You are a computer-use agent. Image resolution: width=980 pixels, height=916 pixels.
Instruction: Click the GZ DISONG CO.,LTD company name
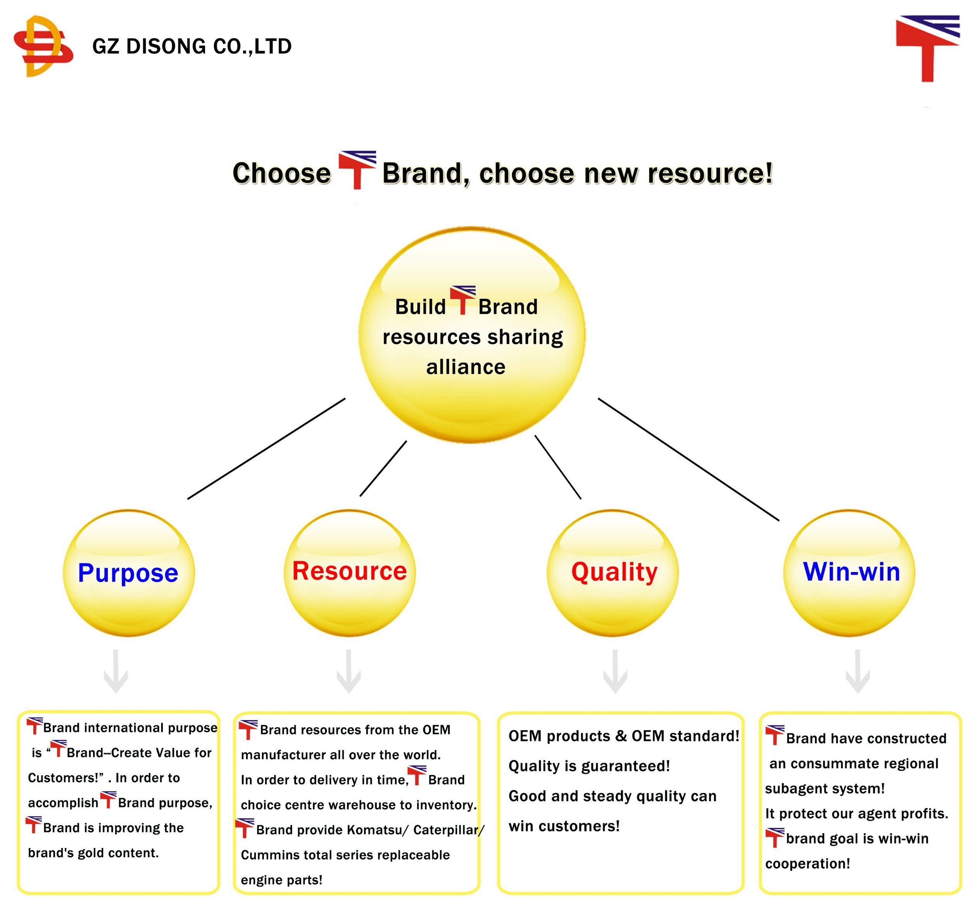192,46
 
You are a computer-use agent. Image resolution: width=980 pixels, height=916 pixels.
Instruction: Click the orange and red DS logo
43,46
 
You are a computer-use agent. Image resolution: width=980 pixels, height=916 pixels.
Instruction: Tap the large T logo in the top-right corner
928,48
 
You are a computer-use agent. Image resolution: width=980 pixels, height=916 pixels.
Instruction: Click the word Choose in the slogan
281,173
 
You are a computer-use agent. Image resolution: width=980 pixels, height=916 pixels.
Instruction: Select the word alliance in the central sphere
466,367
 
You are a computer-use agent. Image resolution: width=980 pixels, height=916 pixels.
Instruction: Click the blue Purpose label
128,573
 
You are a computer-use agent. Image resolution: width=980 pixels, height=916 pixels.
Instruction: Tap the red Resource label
349,570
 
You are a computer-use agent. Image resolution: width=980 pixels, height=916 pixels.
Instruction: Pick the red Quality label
614,572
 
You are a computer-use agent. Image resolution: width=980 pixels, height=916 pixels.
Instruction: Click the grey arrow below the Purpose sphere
116,671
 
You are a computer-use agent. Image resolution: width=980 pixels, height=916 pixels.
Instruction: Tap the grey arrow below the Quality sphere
615,671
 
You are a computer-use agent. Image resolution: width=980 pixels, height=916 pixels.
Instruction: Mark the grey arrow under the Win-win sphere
858,671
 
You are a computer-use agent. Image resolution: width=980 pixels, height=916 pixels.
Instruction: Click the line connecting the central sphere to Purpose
266,449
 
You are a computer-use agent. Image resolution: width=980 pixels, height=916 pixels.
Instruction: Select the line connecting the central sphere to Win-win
689,460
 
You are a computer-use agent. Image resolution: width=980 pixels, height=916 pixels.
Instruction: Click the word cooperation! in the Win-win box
808,864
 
